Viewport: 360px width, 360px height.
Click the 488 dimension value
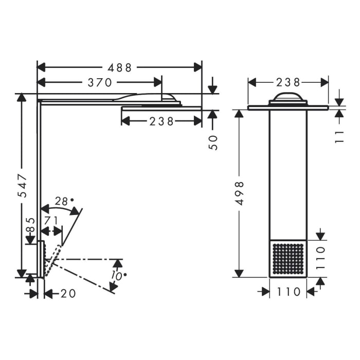pos(120,67)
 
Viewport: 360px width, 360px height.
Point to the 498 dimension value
pos(239,193)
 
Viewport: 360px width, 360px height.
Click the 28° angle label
pos(65,202)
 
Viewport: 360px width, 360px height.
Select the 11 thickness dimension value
pos(339,136)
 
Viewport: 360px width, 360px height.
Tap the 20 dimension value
pos(68,294)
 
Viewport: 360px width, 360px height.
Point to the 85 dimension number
pos(30,224)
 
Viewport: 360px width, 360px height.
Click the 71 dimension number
pos(51,221)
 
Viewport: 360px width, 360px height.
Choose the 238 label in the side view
pos(161,121)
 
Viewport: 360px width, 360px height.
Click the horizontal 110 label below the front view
pos(289,292)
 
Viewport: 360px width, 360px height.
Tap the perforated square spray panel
pos(288,259)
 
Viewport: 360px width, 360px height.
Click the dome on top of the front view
pos(287,97)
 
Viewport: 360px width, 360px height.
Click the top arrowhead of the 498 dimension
pos(239,114)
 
